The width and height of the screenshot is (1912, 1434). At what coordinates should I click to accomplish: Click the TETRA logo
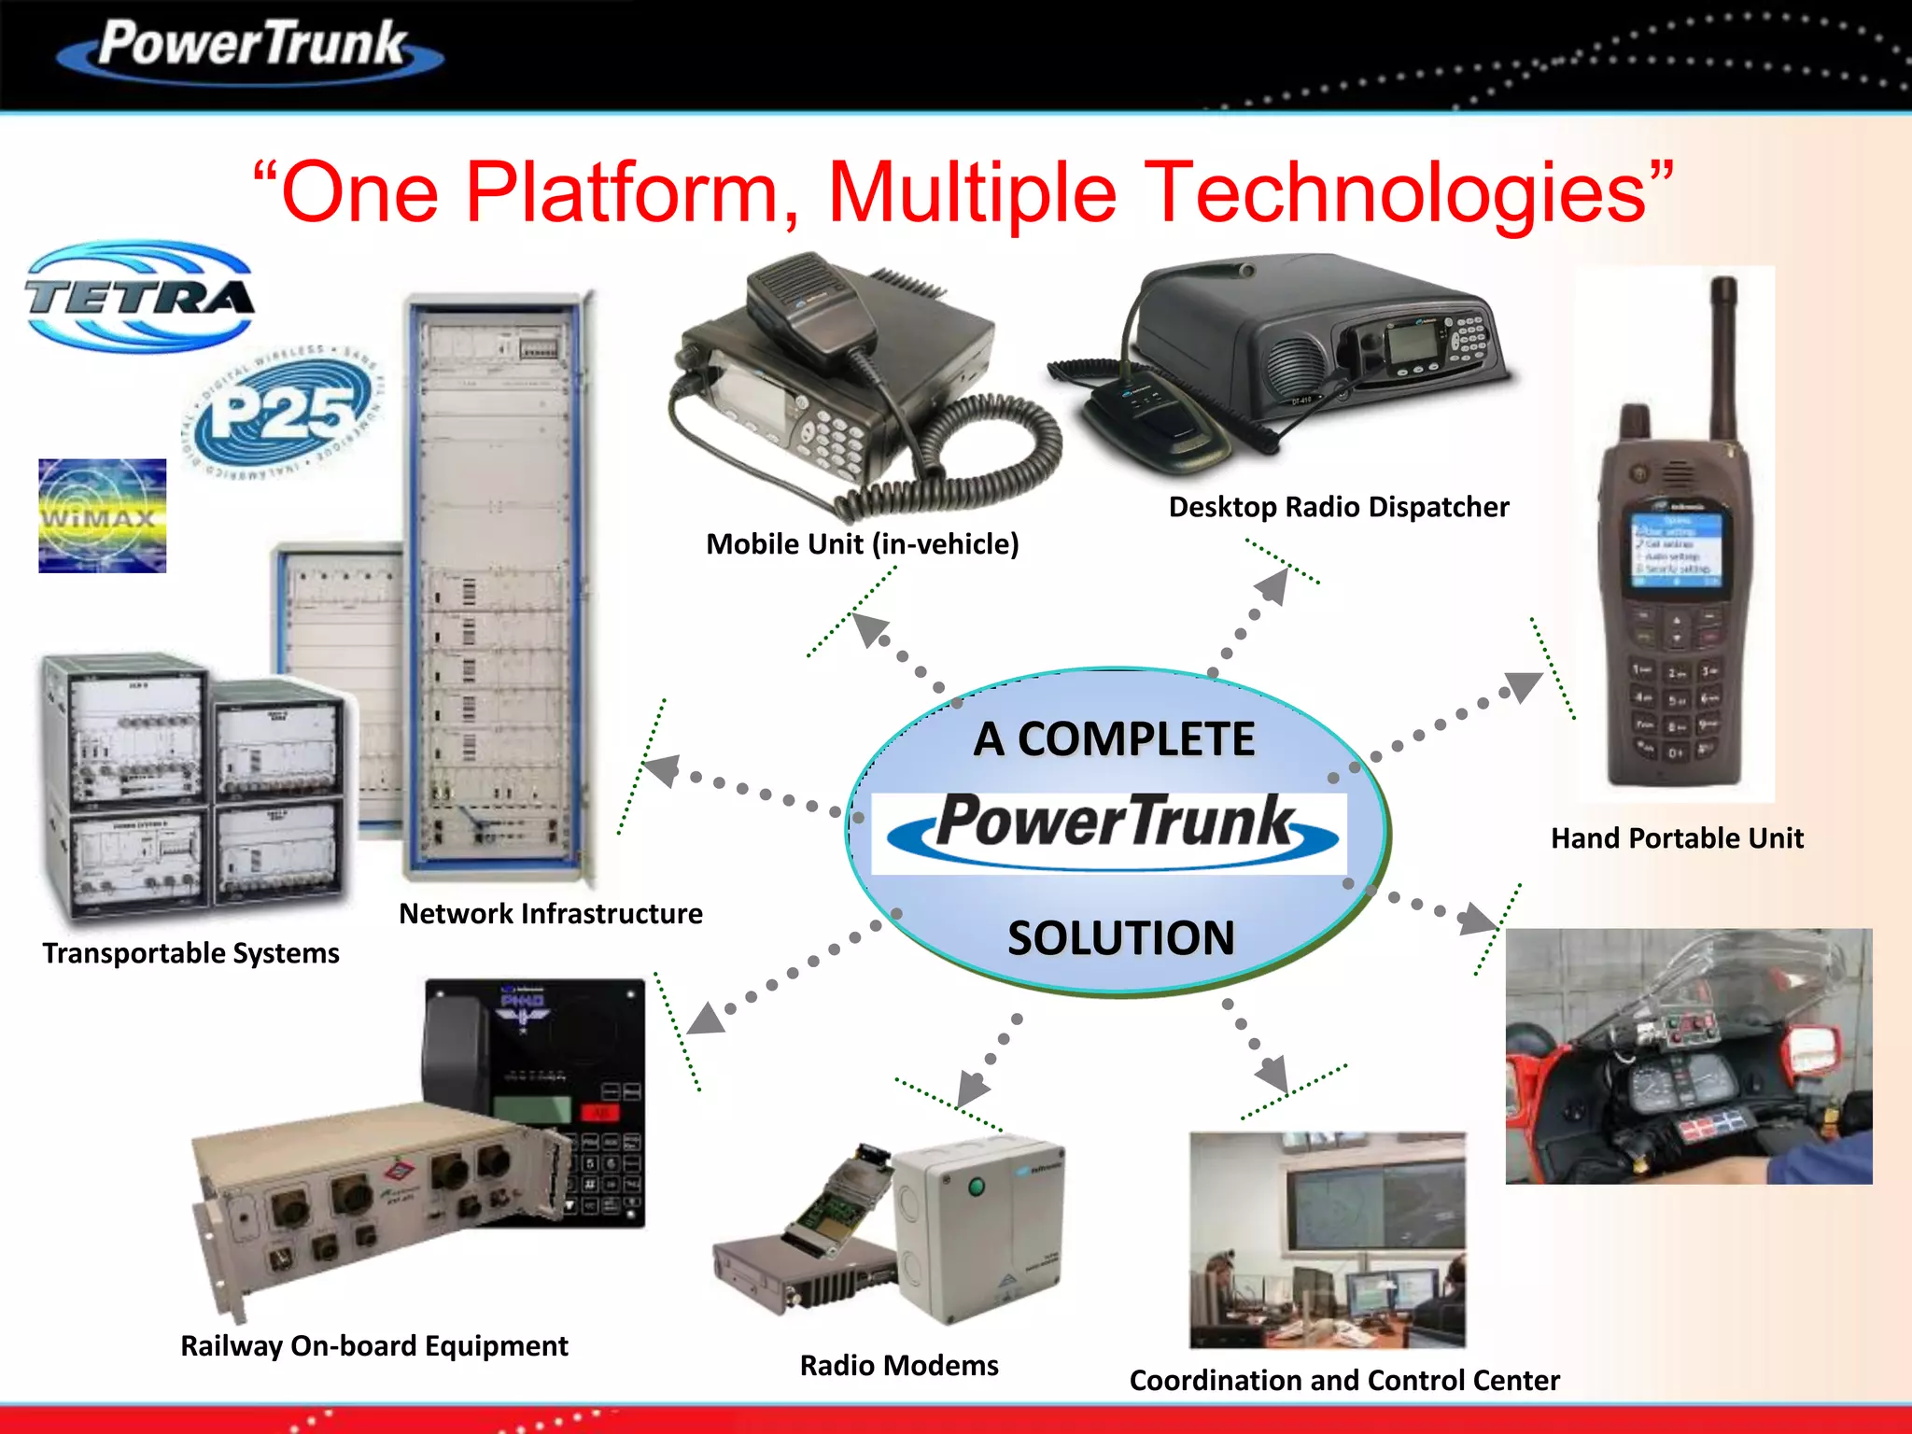click(x=140, y=297)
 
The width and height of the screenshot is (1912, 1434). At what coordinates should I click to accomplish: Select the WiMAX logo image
click(x=102, y=515)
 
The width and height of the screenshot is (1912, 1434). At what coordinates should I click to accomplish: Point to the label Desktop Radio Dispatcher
click(x=1338, y=507)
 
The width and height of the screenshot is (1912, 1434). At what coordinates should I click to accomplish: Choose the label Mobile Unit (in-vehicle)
click(x=862, y=544)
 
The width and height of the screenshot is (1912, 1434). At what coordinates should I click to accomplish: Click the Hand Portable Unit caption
click(x=1677, y=838)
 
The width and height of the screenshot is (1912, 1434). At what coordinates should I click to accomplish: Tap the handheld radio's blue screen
click(x=1677, y=549)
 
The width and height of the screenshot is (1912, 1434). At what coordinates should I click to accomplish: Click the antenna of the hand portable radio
click(x=1723, y=355)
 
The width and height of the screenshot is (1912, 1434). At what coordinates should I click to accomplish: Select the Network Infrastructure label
click(x=551, y=913)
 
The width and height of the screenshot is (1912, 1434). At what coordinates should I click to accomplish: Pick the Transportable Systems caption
click(x=190, y=953)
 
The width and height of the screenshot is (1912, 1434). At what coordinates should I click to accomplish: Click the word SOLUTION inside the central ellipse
click(x=1120, y=938)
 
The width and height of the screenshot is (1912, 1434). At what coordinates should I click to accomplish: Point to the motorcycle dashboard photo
click(x=1688, y=1056)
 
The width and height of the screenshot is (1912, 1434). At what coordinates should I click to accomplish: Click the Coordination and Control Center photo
click(x=1327, y=1239)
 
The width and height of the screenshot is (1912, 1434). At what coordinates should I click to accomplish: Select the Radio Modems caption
click(x=899, y=1366)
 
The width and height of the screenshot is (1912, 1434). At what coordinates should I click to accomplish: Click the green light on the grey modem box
click(x=977, y=1188)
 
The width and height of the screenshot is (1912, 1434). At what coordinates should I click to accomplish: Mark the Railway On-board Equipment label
click(x=373, y=1346)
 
